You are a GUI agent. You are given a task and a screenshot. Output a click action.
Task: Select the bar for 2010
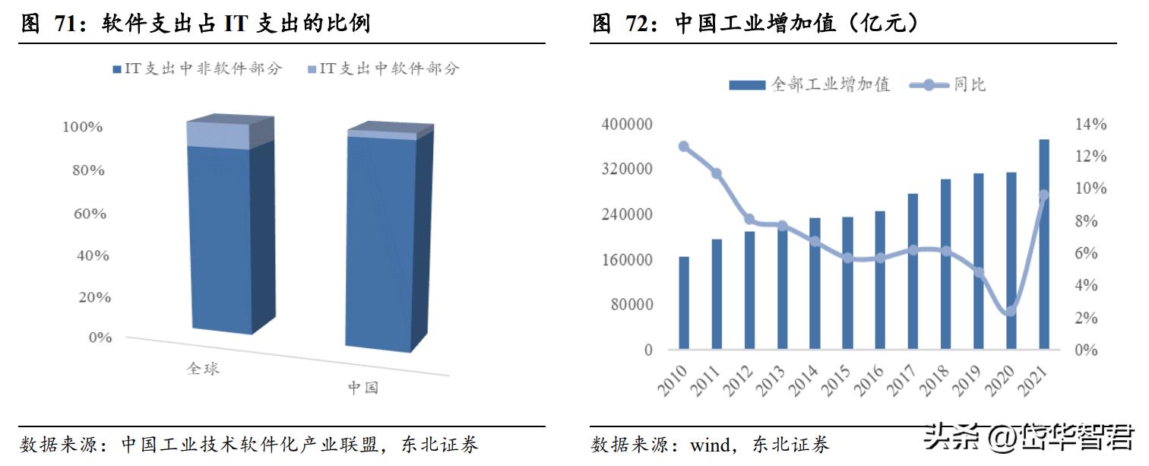click(x=684, y=303)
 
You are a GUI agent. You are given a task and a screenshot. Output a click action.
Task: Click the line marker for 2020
click(x=1011, y=311)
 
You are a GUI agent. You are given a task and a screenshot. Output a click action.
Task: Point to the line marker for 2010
click(x=684, y=147)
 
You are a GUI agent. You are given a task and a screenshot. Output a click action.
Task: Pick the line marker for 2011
click(x=717, y=174)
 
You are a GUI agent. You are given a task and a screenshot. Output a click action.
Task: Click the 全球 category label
click(x=204, y=369)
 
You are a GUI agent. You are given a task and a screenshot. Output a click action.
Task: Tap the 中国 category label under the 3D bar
click(x=362, y=388)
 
